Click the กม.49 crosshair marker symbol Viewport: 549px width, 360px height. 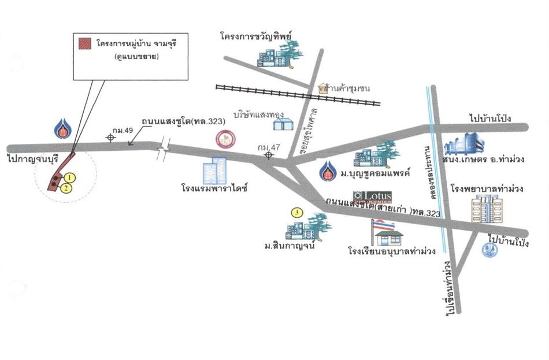click(x=110, y=137)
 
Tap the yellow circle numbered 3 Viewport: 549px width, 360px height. click(x=298, y=213)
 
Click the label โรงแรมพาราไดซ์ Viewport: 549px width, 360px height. click(x=214, y=189)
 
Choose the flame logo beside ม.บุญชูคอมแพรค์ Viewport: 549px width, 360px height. click(x=329, y=171)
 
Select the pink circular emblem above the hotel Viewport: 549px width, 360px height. click(x=224, y=139)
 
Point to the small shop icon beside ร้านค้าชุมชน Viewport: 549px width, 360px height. click(x=322, y=89)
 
